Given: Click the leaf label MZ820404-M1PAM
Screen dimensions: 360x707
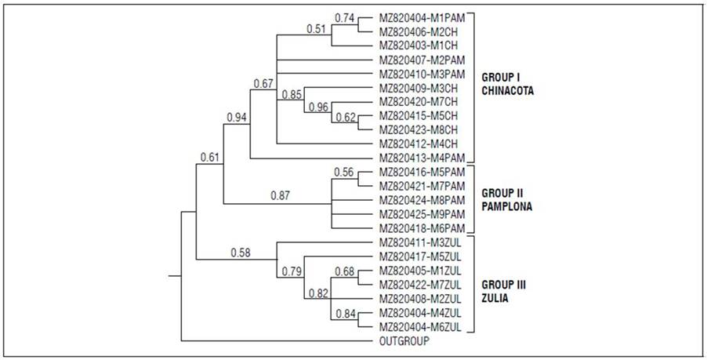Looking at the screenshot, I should pyautogui.click(x=422, y=16).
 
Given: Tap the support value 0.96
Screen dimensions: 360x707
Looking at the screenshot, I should pyautogui.click(x=318, y=108).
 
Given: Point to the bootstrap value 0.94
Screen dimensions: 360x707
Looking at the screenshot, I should pyautogui.click(x=237, y=118).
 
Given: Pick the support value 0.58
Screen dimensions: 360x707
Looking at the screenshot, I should pyautogui.click(x=241, y=252).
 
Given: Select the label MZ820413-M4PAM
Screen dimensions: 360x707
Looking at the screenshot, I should pyautogui.click(x=422, y=158).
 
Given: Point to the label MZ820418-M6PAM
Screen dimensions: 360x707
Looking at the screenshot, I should pyautogui.click(x=422, y=228).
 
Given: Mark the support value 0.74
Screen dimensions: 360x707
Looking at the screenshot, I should pyautogui.click(x=344, y=17).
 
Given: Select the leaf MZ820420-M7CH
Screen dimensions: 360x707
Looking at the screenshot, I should pyautogui.click(x=418, y=101).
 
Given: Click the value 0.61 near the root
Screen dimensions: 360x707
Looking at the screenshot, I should pyautogui.click(x=208, y=158).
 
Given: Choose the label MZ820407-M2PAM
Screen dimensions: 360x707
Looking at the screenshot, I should pyautogui.click(x=422, y=59).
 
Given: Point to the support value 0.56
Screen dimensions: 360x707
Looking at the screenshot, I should pyautogui.click(x=345, y=172).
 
